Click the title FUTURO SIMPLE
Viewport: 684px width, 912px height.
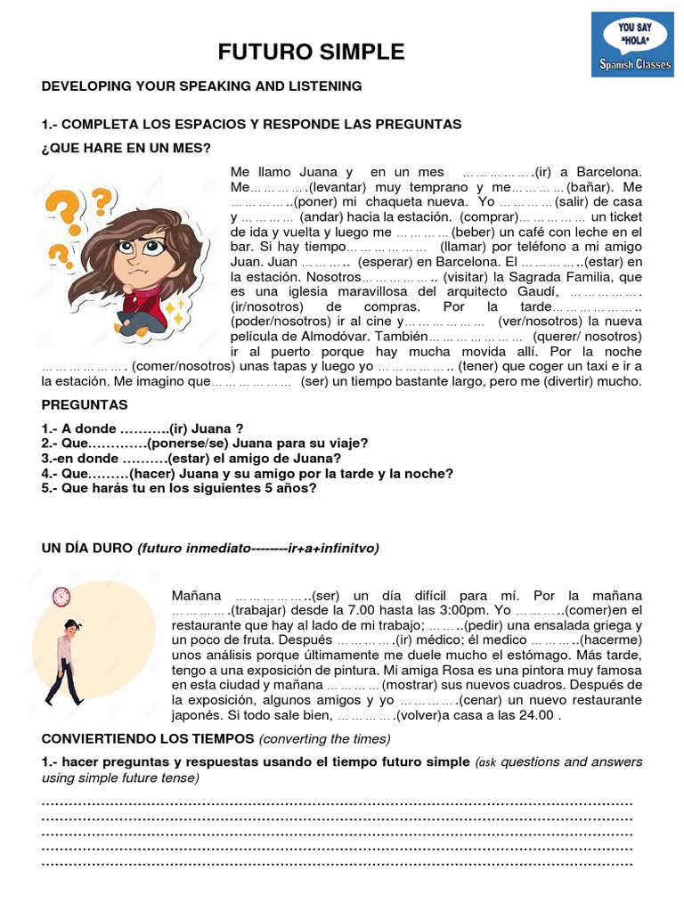311,52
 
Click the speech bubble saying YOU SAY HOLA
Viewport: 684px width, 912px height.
634,36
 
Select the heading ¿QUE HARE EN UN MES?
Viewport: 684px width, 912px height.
126,147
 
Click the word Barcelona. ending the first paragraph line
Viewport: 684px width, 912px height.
609,172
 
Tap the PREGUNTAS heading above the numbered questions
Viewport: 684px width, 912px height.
85,404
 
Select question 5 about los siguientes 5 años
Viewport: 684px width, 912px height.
179,488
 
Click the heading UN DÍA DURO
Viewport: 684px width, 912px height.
87,548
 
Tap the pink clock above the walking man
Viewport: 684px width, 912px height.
61,596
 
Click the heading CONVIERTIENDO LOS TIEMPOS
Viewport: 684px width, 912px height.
148,738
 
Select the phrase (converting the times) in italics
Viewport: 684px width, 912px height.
324,738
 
